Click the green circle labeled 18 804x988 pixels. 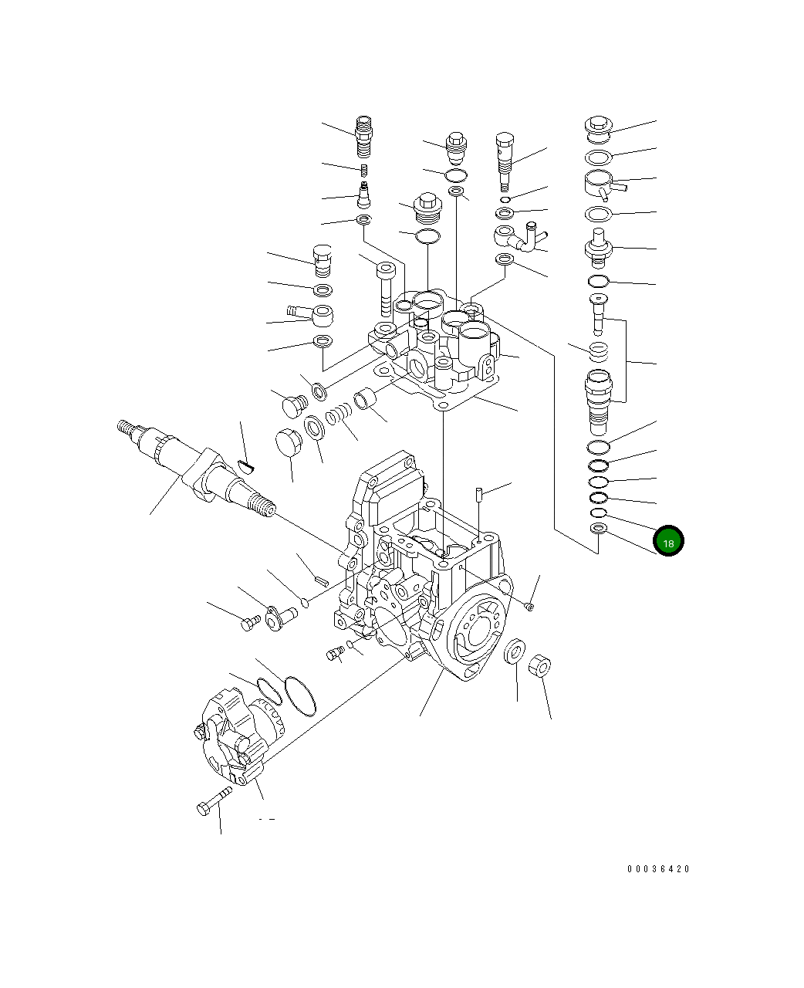point(668,542)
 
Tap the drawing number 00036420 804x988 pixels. point(658,869)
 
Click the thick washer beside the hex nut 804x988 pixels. point(515,651)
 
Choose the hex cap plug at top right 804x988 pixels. point(598,126)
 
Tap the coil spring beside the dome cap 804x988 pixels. point(338,417)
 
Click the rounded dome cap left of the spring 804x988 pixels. point(287,442)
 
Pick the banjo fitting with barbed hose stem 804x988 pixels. point(313,314)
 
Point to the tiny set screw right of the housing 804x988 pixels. point(530,607)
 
